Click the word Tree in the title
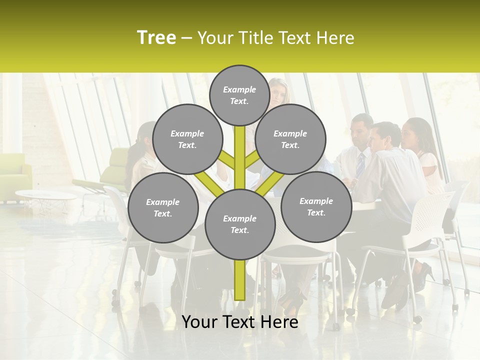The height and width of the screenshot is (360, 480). pyautogui.click(x=156, y=38)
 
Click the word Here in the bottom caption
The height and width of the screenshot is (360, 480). pyautogui.click(x=279, y=322)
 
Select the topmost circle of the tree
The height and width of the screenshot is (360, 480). pyautogui.click(x=239, y=95)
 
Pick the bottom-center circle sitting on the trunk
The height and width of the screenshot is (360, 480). pyautogui.click(x=240, y=224)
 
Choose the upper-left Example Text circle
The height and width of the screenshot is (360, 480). pyautogui.click(x=187, y=139)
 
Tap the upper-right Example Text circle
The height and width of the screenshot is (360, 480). pyautogui.click(x=290, y=139)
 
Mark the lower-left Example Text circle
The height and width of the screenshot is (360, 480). pyautogui.click(x=163, y=208)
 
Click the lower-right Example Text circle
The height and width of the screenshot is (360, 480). pyautogui.click(x=316, y=207)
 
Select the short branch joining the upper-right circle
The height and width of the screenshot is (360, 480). pyautogui.click(x=252, y=160)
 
